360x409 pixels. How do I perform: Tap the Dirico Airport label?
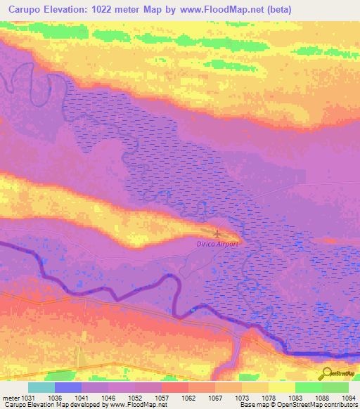pos(218,244)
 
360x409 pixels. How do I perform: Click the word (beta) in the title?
pos(277,11)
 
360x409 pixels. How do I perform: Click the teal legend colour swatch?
pos(41,387)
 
